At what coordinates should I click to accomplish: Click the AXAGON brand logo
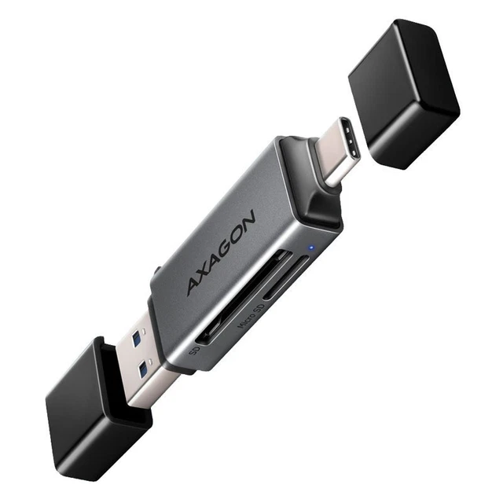[x=221, y=252]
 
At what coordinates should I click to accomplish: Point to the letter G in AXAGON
[x=226, y=246]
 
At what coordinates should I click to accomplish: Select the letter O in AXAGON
[x=238, y=233]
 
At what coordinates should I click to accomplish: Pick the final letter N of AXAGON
[x=249, y=221]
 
